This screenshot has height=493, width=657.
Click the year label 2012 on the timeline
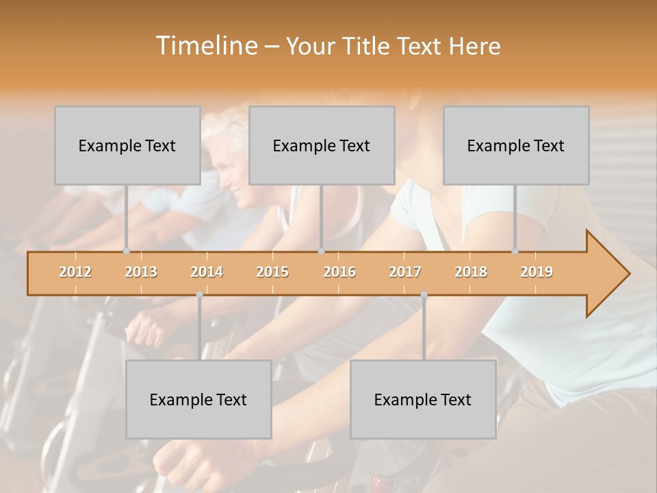75,272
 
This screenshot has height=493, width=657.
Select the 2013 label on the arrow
141,272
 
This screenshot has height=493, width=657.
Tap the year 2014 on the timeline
207,272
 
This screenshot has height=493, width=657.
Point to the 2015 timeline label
272,272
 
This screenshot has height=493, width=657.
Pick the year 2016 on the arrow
339,272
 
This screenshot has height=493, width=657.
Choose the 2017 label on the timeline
405,272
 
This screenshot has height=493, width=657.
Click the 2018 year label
471,272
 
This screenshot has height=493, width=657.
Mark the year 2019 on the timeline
537,272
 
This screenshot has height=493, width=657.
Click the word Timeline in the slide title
205,46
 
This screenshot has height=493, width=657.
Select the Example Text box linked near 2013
127,145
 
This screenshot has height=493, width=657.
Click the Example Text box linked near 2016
322,145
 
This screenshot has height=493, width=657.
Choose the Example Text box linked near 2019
516,145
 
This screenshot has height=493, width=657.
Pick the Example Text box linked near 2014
198,399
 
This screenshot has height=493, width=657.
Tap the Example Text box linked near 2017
423,399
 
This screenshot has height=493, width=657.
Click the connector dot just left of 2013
126,251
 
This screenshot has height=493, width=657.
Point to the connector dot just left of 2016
322,251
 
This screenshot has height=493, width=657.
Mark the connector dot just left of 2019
515,251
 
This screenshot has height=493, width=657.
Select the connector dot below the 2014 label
199,294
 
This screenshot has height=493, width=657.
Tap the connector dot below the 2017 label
424,294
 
